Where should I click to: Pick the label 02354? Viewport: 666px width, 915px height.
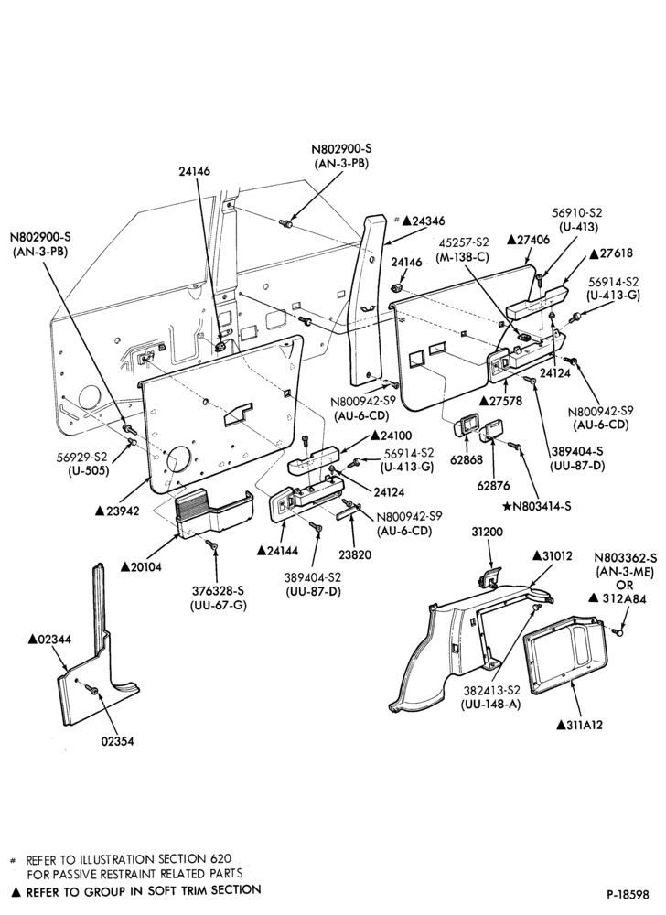(x=117, y=742)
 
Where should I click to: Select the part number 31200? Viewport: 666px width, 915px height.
(x=487, y=533)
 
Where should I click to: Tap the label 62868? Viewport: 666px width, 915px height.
(x=467, y=459)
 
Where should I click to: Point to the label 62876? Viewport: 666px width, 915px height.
(x=493, y=485)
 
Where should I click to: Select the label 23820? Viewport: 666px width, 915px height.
(x=354, y=555)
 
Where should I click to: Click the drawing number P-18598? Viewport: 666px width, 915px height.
(x=628, y=895)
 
